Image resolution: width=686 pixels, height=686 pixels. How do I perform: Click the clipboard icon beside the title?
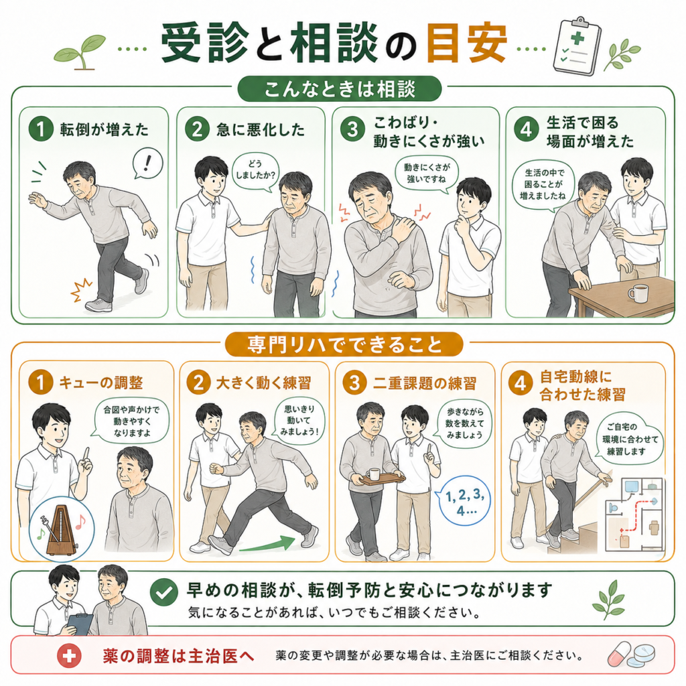[577, 46]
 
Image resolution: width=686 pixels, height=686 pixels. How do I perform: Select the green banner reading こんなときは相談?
[340, 89]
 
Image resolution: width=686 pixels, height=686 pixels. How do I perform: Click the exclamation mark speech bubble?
[148, 163]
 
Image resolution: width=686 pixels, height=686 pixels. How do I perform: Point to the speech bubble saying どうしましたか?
[255, 171]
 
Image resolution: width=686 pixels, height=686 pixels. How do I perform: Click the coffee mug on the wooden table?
[638, 293]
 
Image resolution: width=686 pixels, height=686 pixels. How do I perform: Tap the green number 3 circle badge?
[352, 129]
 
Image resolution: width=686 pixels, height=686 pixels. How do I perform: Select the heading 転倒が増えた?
[104, 129]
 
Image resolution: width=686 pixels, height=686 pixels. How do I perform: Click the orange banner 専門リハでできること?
[344, 344]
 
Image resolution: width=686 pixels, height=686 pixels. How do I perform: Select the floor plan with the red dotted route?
[634, 514]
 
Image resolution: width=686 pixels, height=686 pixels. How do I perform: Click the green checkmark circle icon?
[164, 592]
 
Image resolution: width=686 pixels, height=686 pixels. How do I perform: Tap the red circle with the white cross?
[69, 655]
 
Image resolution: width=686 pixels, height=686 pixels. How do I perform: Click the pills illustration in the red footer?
[632, 655]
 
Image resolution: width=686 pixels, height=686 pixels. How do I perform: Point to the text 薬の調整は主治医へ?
[178, 655]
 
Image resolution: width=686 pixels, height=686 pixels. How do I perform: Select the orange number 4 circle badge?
[520, 384]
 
